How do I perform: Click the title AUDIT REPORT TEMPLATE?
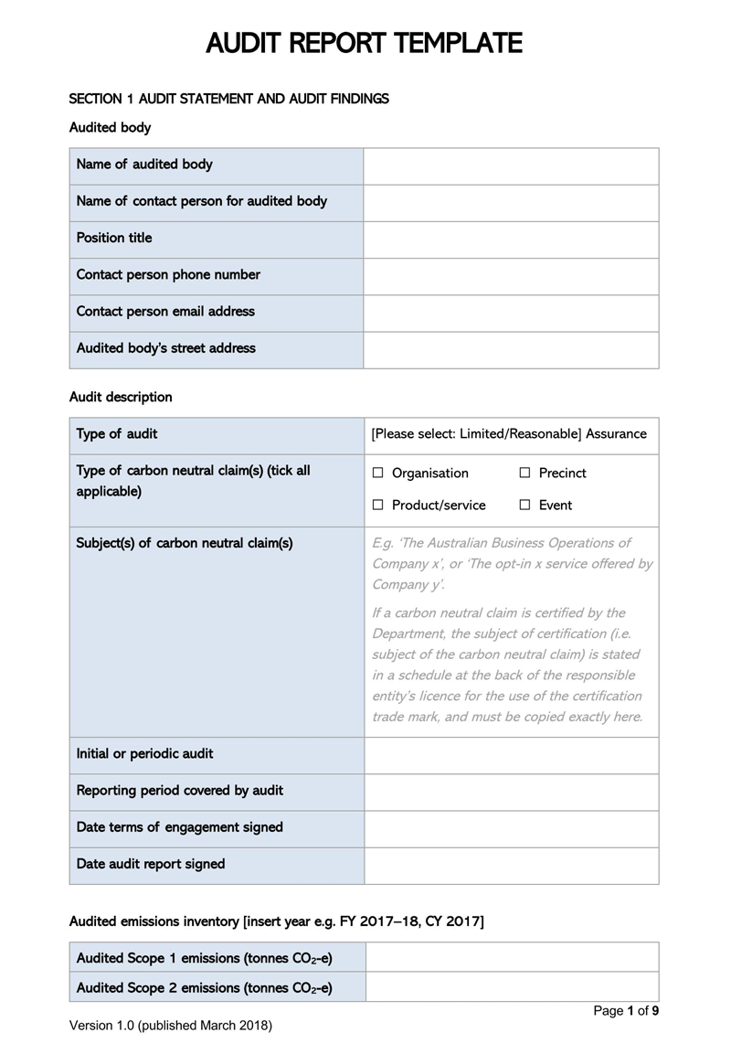pos(365,43)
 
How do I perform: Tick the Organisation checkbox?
pos(378,474)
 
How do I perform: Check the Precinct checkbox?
pos(524,474)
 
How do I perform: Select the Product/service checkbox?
pos(378,506)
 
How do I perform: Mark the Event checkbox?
pos(524,506)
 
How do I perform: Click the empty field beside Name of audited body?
pos(511,165)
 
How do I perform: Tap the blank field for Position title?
pos(511,239)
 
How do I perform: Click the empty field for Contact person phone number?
pos(511,275)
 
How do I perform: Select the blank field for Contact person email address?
pos(511,312)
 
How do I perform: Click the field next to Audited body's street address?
pos(511,349)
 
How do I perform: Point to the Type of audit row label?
pos(117,434)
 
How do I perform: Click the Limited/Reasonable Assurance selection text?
pos(509,434)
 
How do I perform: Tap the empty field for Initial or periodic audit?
pos(511,755)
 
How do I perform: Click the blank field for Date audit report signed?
pos(511,865)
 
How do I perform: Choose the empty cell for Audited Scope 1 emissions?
pos(512,958)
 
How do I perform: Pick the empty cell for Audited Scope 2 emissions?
pos(512,987)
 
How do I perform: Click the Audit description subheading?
pos(121,398)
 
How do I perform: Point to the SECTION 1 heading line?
pos(228,99)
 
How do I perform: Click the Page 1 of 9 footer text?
pos(626,1011)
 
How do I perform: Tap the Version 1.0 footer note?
pos(171,1027)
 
